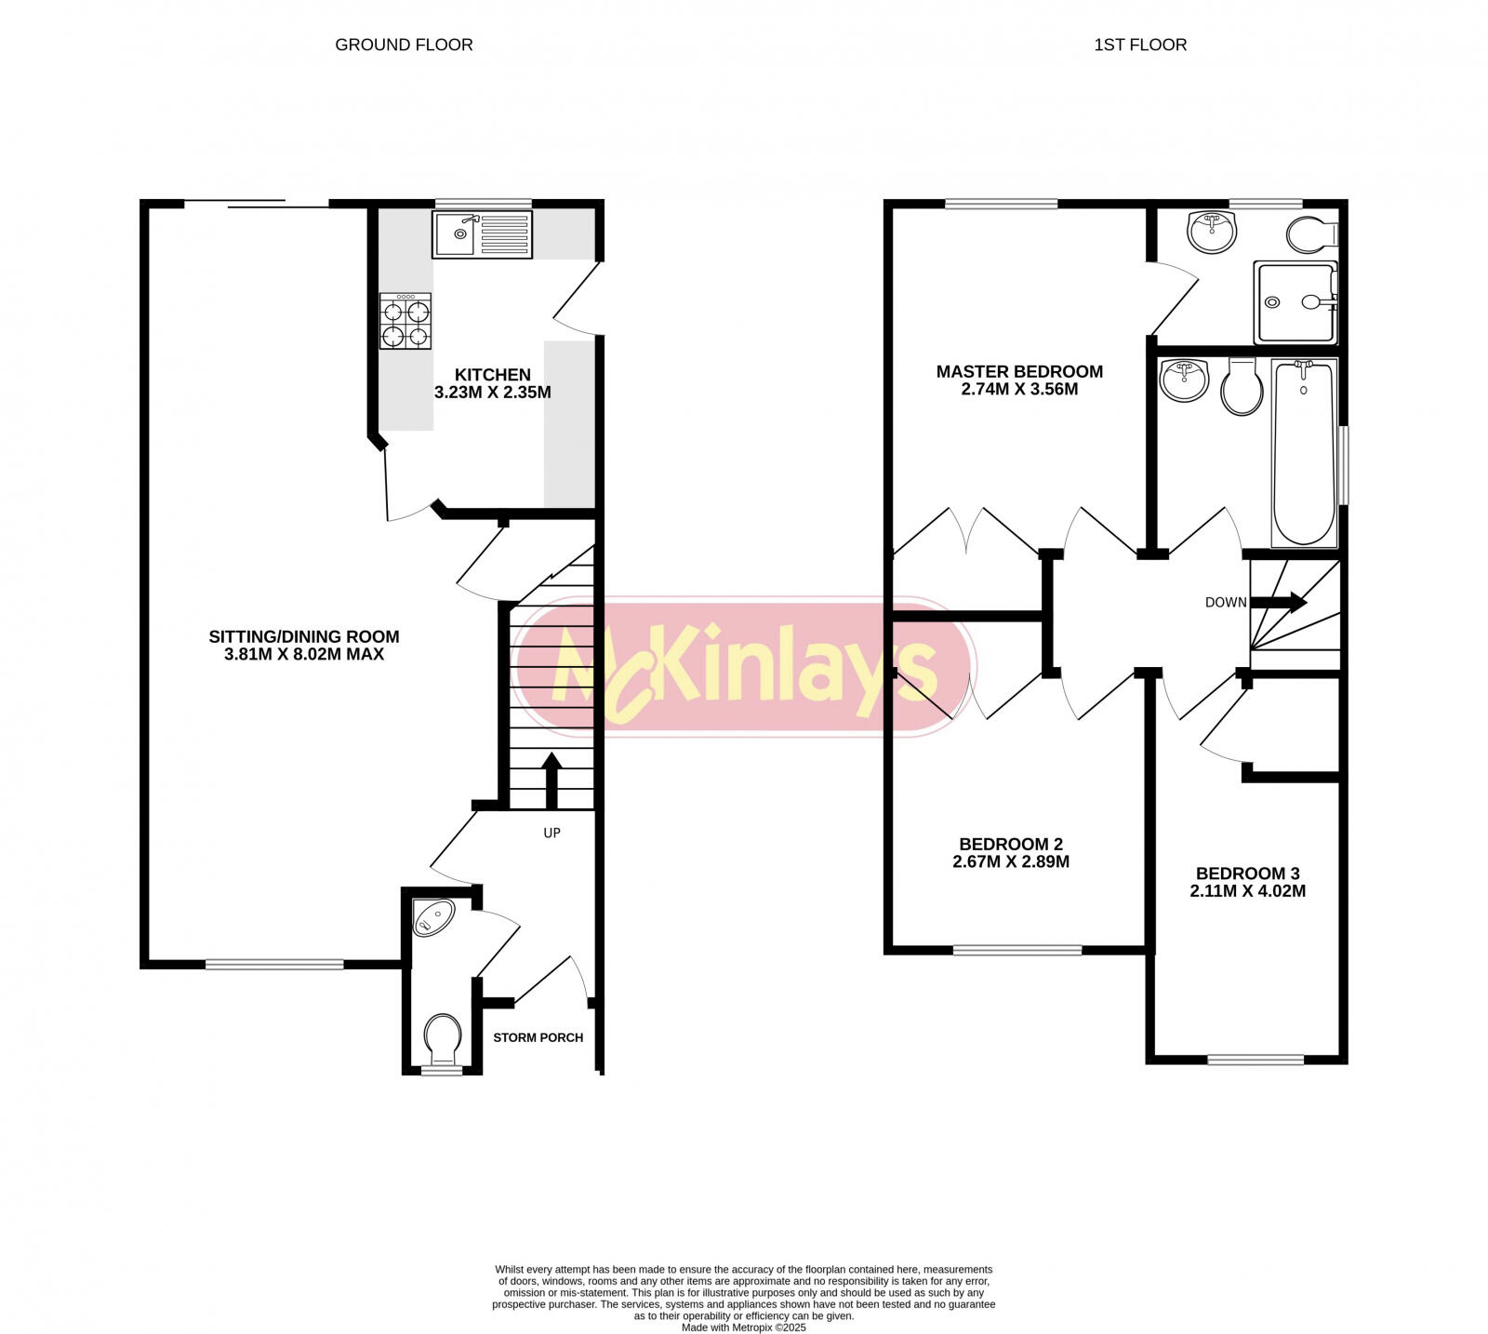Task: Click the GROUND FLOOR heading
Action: [404, 45]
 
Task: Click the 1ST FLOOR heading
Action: [1139, 45]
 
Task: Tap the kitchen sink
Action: [482, 233]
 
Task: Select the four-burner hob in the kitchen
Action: [405, 321]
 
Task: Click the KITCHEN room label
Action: [493, 375]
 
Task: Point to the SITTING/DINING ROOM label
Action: [304, 637]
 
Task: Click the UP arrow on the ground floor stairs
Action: [551, 780]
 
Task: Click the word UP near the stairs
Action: [551, 834]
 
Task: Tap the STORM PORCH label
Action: [538, 1037]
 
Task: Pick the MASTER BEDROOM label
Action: [1019, 371]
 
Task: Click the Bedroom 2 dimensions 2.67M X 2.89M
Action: [1011, 862]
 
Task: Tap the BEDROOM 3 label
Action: [1247, 874]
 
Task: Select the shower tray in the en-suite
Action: [1295, 301]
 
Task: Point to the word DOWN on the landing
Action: [1225, 603]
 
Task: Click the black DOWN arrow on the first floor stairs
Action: [1283, 603]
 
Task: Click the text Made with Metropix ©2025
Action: [743, 1327]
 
